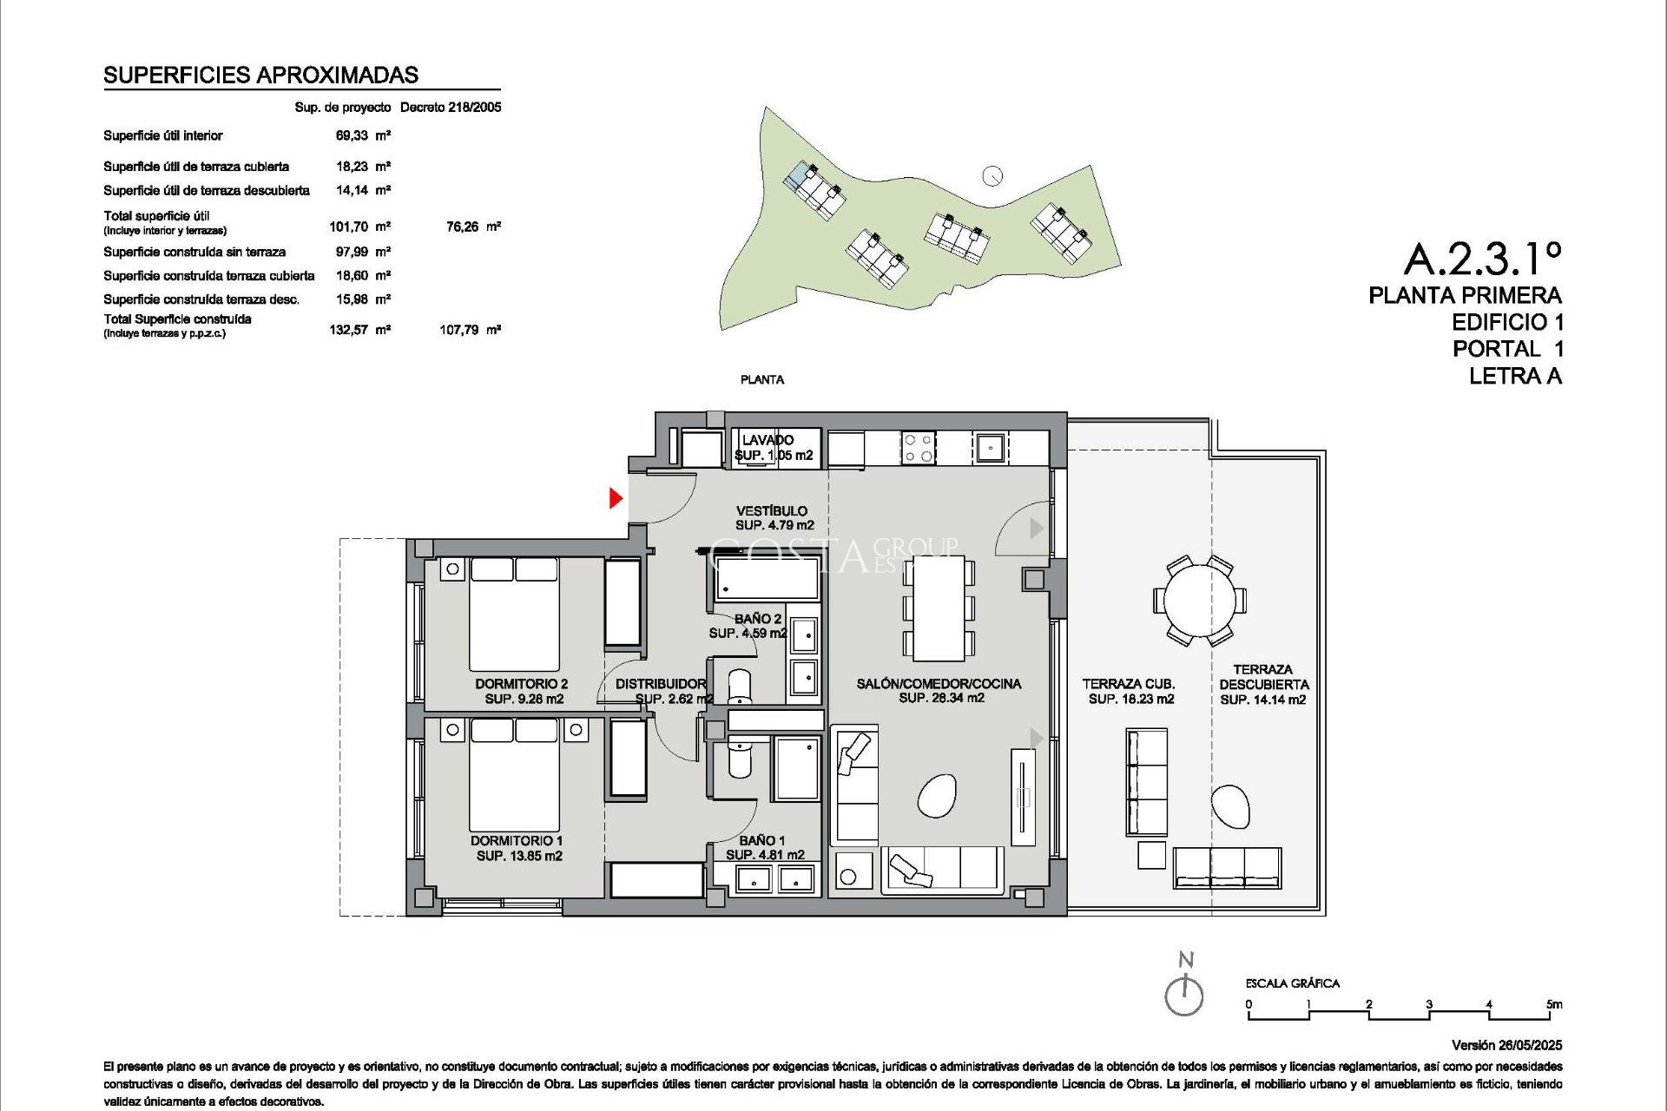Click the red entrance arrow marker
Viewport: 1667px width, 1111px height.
coord(616,498)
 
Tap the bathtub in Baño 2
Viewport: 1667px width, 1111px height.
coord(767,579)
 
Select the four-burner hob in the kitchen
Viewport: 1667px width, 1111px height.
coord(918,448)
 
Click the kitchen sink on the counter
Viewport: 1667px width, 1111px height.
coord(988,448)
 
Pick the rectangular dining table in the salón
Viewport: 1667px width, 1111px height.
coord(939,608)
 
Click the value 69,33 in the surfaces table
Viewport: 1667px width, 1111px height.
coord(352,135)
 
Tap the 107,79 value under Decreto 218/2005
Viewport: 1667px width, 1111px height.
coord(459,330)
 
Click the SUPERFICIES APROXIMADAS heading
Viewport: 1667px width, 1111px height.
coord(260,75)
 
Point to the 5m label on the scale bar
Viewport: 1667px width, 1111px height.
coord(1554,1004)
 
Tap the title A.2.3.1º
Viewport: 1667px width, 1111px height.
coord(1482,258)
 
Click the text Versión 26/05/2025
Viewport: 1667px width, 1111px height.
coord(1506,1045)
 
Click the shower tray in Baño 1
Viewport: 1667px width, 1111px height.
coord(797,769)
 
